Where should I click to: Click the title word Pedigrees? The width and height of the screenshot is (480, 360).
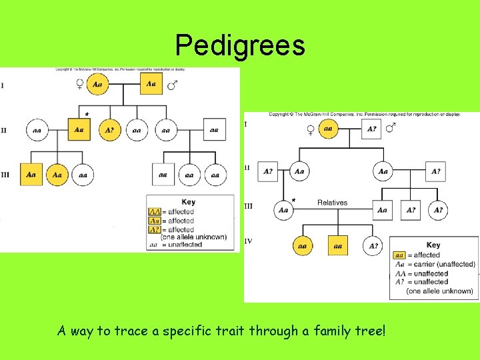coord(240,45)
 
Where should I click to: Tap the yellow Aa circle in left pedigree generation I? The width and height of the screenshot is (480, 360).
coord(98,85)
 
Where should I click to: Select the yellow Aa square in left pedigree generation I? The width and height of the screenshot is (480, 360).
coord(151,84)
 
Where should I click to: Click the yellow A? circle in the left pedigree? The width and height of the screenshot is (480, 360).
coord(110,129)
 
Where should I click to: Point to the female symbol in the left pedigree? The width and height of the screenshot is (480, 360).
coord(80,85)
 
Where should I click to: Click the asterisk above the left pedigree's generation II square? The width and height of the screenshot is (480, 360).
coord(87,114)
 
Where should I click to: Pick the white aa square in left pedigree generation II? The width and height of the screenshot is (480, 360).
coord(213,129)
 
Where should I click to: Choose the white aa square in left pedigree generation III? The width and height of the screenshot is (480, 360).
coord(163,175)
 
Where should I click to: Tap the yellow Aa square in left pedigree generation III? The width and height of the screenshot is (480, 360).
coord(31,175)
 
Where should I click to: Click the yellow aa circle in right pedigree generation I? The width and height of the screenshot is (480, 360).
coord(327,129)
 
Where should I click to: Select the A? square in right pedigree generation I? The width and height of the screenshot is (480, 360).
coord(372,129)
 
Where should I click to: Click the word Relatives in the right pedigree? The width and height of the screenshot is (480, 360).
coord(333,203)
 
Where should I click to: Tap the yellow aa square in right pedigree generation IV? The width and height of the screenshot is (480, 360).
coord(338,246)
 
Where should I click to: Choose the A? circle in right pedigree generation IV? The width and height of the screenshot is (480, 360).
coord(374,246)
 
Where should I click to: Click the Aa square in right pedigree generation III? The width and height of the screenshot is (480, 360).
coord(382,210)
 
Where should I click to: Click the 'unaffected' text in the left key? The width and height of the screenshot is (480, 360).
coord(185,245)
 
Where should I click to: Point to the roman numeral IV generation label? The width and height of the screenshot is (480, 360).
coord(249,241)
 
